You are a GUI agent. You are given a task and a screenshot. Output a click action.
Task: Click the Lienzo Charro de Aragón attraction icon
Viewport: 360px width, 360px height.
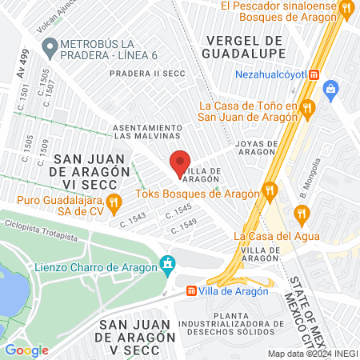166,262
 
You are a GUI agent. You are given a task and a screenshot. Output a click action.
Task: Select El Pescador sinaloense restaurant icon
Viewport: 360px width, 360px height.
346,9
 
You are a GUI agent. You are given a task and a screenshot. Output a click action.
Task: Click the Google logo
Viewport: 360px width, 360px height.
26,350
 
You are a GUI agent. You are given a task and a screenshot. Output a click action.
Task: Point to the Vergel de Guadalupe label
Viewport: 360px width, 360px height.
246,46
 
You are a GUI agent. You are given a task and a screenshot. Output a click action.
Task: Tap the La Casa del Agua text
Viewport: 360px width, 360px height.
277,236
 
